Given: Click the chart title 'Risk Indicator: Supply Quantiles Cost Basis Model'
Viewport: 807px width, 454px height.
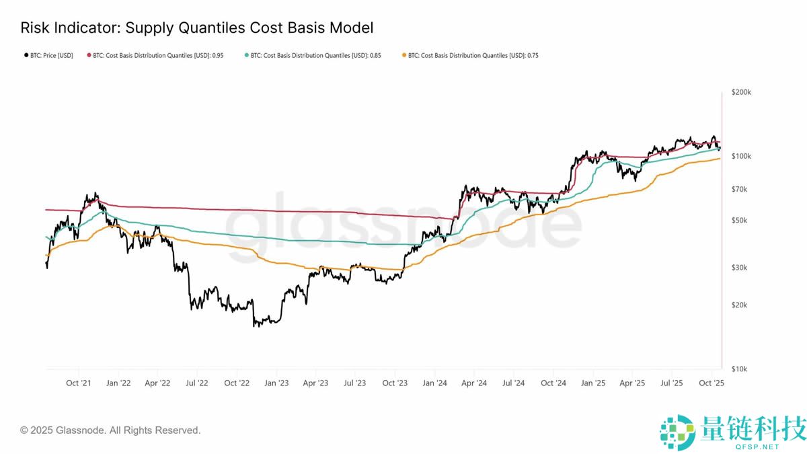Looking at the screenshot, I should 196,28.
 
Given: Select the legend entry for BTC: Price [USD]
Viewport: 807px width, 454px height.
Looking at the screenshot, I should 48,55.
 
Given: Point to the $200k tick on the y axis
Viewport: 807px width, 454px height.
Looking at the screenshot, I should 740,92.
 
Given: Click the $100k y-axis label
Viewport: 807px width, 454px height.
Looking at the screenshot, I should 740,156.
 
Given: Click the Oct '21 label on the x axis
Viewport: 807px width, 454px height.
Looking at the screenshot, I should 79,383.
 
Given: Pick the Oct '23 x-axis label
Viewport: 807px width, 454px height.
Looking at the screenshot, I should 395,383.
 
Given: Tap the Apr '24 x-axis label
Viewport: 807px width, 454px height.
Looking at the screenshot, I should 474,383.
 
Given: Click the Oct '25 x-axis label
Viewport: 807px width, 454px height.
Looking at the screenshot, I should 711,383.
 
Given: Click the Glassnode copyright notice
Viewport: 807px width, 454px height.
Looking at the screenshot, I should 110,430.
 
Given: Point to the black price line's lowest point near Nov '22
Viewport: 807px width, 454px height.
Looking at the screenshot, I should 255,326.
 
